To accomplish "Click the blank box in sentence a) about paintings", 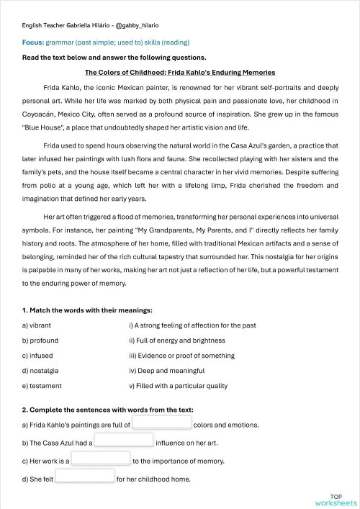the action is pyautogui.click(x=162, y=423).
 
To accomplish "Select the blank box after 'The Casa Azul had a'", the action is pyautogui.click(x=124, y=440).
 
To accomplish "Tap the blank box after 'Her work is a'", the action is pyautogui.click(x=101, y=458).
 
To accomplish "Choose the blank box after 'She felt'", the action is pyautogui.click(x=85, y=475).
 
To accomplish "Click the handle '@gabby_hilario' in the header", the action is pyautogui.click(x=138, y=25).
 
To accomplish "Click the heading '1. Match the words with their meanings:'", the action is pyautogui.click(x=87, y=310).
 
